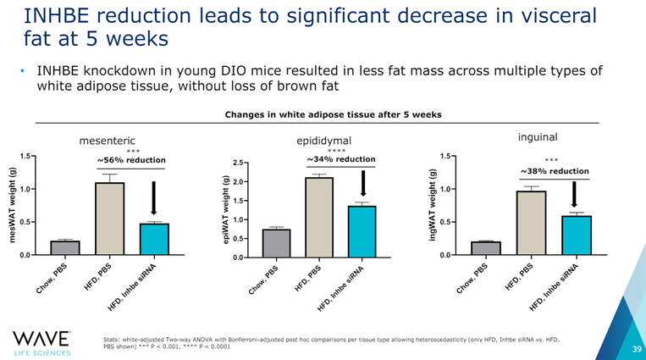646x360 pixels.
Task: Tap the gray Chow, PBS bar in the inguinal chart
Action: pos(486,248)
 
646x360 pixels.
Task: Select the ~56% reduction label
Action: pos(130,160)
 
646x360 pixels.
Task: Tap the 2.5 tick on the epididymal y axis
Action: pos(240,163)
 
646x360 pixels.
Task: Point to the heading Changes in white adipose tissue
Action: pos(332,114)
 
